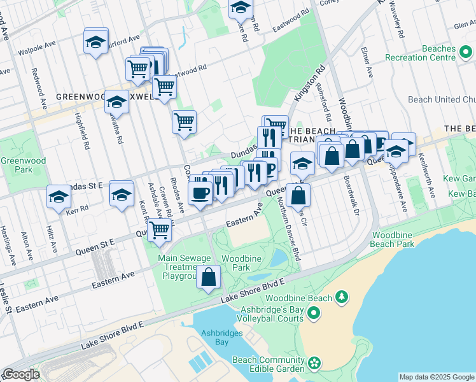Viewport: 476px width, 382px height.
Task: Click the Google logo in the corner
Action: (x=20, y=375)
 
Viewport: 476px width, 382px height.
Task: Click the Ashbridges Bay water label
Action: (x=218, y=337)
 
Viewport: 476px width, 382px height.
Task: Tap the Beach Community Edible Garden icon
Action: (x=314, y=364)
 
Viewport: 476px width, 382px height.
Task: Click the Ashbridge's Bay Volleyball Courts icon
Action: (x=313, y=313)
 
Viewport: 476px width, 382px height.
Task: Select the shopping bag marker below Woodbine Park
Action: (x=209, y=277)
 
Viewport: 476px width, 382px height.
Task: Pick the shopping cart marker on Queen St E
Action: (x=160, y=230)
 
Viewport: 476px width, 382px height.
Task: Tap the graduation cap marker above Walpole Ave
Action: (x=95, y=41)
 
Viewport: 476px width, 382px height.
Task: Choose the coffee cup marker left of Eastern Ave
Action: (x=200, y=192)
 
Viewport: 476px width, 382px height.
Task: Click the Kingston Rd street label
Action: (x=310, y=83)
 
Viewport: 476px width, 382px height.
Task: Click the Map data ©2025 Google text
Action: (x=437, y=377)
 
